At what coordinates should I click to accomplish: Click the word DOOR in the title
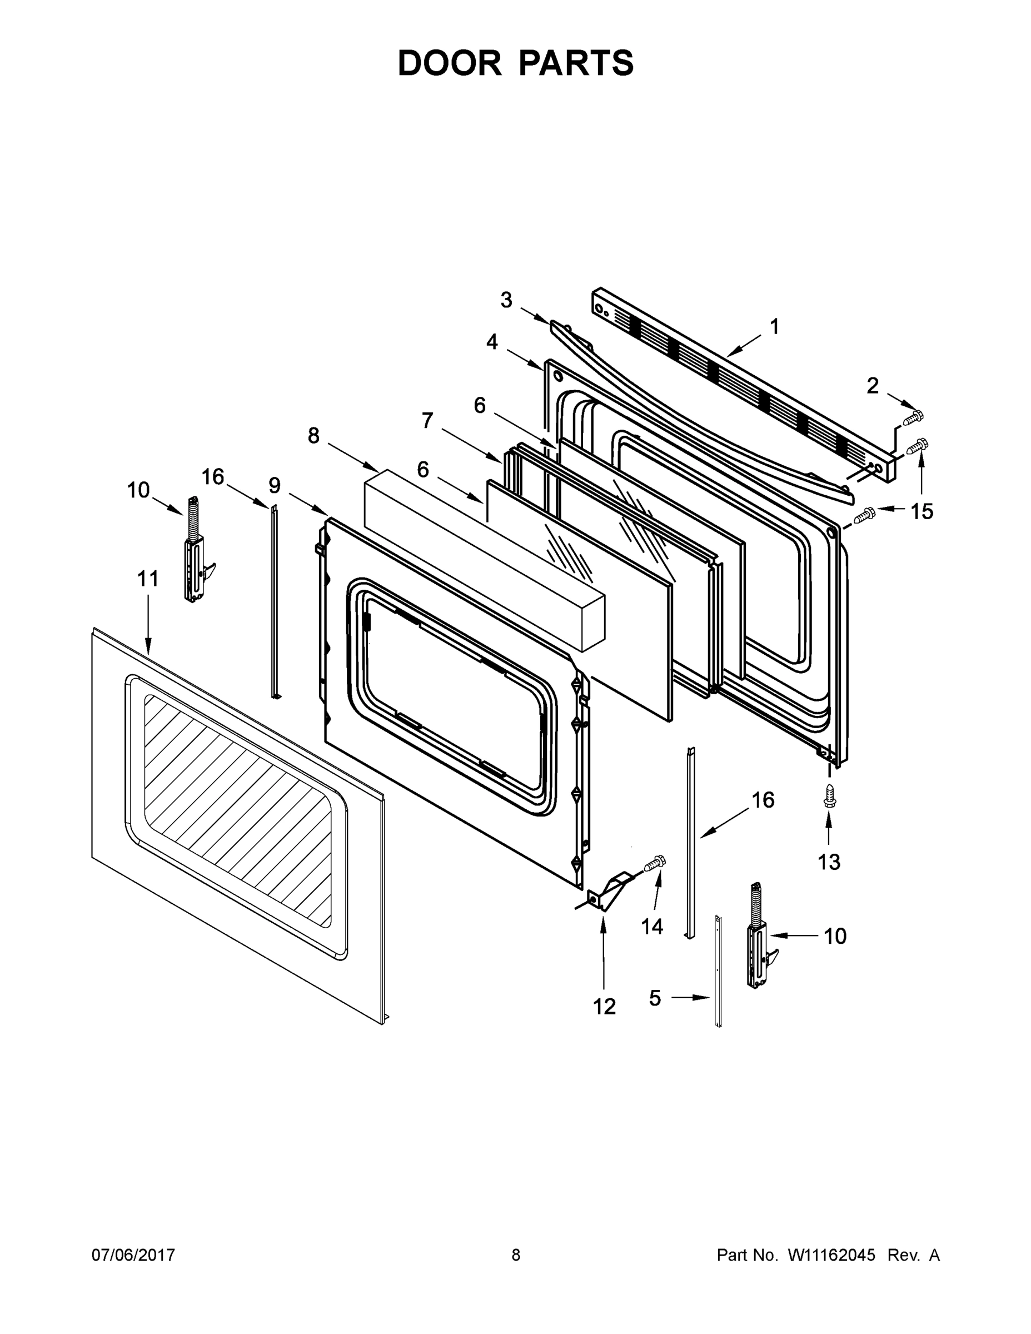click(x=449, y=63)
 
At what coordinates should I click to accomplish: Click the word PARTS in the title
click(x=576, y=63)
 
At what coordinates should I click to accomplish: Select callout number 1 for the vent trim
click(x=774, y=327)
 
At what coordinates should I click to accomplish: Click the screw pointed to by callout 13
click(x=829, y=796)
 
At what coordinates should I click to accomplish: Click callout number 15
click(x=922, y=511)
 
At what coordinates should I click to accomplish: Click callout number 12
click(x=604, y=1006)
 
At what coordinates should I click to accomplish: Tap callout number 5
click(x=655, y=998)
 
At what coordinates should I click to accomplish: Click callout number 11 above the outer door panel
click(x=148, y=579)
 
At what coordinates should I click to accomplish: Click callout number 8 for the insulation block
click(x=313, y=436)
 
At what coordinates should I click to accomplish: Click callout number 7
click(x=427, y=420)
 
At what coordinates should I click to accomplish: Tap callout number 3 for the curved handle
click(x=506, y=300)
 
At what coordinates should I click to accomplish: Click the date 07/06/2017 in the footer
click(x=133, y=1255)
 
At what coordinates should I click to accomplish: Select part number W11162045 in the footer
click(x=831, y=1255)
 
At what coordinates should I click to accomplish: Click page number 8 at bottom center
click(x=516, y=1255)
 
